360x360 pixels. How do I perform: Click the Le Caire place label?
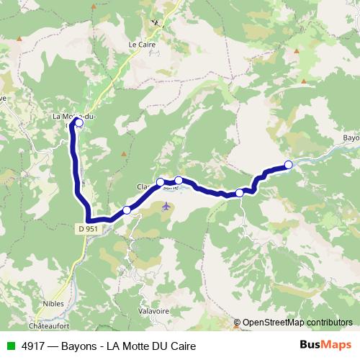pos(143,44)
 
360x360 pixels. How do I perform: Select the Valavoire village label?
pos(153,312)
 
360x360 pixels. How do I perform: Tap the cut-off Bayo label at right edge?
pos(351,137)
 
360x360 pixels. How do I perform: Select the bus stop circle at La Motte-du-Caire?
pos(78,123)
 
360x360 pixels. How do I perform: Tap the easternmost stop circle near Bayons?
pos(289,165)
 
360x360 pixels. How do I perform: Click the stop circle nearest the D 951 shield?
pos(127,210)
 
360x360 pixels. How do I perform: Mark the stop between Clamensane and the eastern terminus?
pos(240,192)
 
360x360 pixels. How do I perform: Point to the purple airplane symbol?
pos(166,207)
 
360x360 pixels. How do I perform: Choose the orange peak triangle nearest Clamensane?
pos(124,154)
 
